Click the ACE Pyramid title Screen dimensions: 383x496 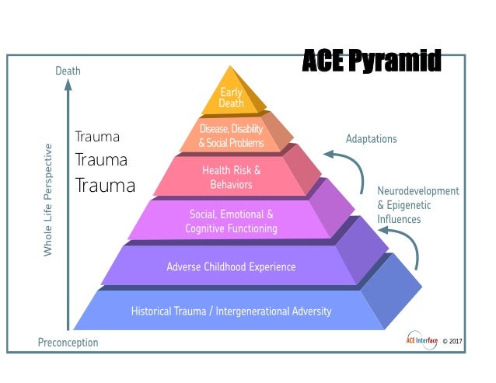tap(371, 60)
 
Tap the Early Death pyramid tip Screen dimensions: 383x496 tap(232, 98)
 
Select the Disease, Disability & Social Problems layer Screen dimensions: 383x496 tap(232, 136)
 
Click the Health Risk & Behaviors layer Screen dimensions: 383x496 tap(232, 177)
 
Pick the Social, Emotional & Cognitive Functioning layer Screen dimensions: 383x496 tap(232, 221)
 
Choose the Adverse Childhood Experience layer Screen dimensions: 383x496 tap(231, 266)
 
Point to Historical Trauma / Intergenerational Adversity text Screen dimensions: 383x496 tap(231, 311)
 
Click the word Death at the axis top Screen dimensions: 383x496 tap(68, 71)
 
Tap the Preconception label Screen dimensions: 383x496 tap(68, 343)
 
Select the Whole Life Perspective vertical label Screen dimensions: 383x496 tap(48, 200)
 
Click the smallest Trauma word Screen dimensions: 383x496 tap(97, 137)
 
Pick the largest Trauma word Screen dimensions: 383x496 tap(105, 186)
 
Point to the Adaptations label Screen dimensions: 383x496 tap(371, 139)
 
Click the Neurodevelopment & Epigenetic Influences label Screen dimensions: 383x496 tap(418, 205)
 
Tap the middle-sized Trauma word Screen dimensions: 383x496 tap(100, 160)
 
